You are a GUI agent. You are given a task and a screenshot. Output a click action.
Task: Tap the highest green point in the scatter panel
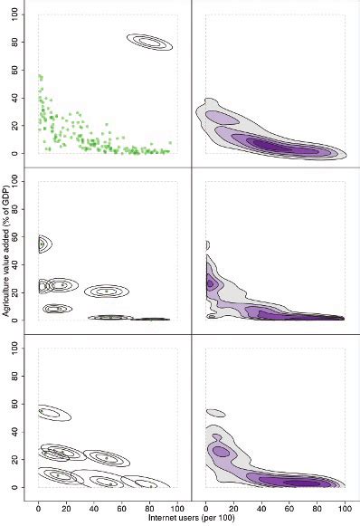39,76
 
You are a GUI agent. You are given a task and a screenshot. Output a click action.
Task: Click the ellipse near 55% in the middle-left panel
41,243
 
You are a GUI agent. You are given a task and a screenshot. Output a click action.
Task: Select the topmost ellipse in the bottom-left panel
53,413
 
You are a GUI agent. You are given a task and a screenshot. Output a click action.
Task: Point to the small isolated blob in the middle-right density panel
207,244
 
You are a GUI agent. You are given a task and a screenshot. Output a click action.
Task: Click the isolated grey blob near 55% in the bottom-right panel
214,413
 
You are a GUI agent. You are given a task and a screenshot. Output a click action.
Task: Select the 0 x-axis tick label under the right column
207,508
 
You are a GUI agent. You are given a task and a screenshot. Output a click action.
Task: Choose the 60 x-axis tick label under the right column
289,508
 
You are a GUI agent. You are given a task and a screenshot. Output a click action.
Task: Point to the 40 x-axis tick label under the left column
93,508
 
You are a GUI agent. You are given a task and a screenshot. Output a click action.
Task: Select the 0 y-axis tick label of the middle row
27,319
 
